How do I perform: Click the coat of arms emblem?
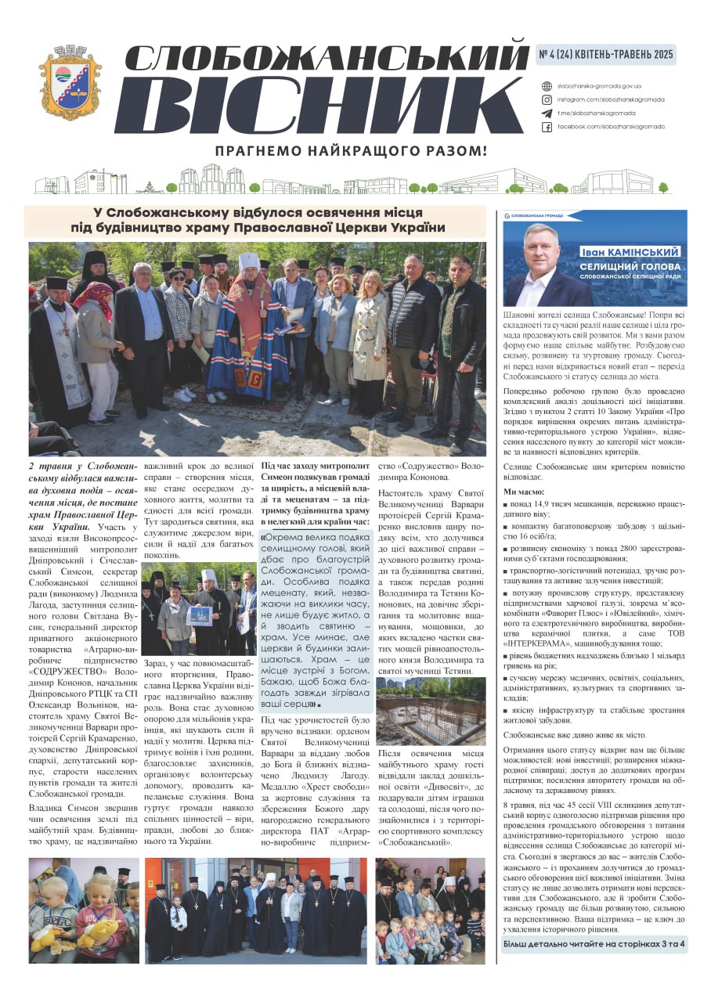tap(70, 81)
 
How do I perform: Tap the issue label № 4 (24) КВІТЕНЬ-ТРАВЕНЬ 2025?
tap(605, 55)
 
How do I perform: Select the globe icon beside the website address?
tap(547, 86)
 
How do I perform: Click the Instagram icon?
tap(547, 99)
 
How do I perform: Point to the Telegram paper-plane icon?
tap(547, 113)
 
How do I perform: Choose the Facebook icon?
tap(547, 126)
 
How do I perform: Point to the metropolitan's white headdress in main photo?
tap(248, 261)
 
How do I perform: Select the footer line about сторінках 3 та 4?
tap(594, 943)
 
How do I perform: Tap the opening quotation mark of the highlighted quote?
tap(264, 538)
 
